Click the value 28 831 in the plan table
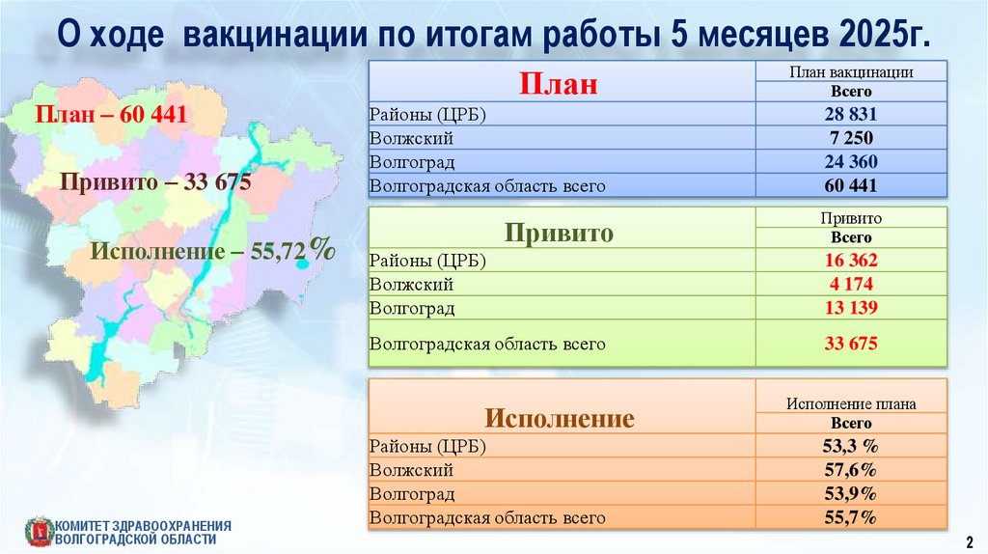851,114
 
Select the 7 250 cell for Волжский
851,138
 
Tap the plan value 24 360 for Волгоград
851,162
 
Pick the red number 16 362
851,261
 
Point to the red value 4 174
851,285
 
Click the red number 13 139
851,308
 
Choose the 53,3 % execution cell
851,446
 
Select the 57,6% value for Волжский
851,470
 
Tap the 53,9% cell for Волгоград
851,493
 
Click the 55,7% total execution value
851,518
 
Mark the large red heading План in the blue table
559,83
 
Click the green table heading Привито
559,233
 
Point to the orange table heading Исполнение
560,418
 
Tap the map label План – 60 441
111,114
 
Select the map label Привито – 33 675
155,182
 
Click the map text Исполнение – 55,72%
213,250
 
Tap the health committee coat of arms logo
40,532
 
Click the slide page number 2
970,542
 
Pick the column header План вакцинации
851,71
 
